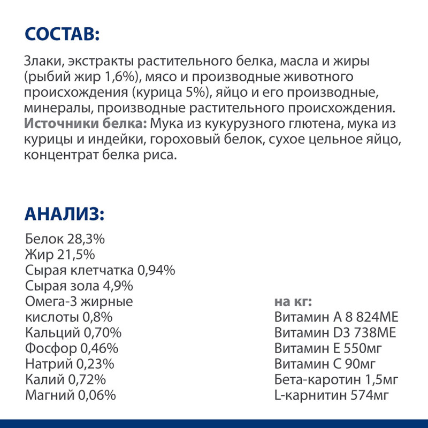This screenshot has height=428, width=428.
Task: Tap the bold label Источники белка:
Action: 86,124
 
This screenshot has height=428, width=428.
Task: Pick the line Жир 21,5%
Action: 60,254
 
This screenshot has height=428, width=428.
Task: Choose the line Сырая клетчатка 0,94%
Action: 100,270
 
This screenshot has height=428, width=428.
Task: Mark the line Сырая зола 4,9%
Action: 79,286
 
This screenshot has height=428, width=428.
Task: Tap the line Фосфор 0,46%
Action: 71,349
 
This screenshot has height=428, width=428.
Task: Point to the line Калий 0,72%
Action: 65,380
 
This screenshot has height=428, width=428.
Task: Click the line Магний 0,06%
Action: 70,396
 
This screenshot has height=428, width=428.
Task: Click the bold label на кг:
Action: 293,302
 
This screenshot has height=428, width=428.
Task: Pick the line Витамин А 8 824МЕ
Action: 336,317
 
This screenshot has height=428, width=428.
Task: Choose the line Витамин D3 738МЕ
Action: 335,333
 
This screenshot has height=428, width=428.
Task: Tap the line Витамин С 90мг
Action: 324,364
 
